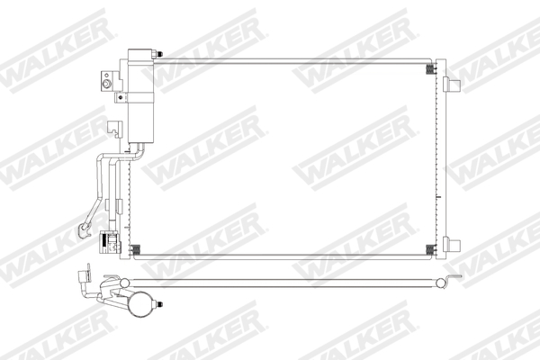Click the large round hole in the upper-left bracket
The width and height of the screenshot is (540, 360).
pos(106,85)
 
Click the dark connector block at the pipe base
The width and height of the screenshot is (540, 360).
pos(112,242)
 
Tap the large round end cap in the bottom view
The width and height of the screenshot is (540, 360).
pos(139,305)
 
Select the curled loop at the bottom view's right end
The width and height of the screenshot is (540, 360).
pos(442,283)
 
